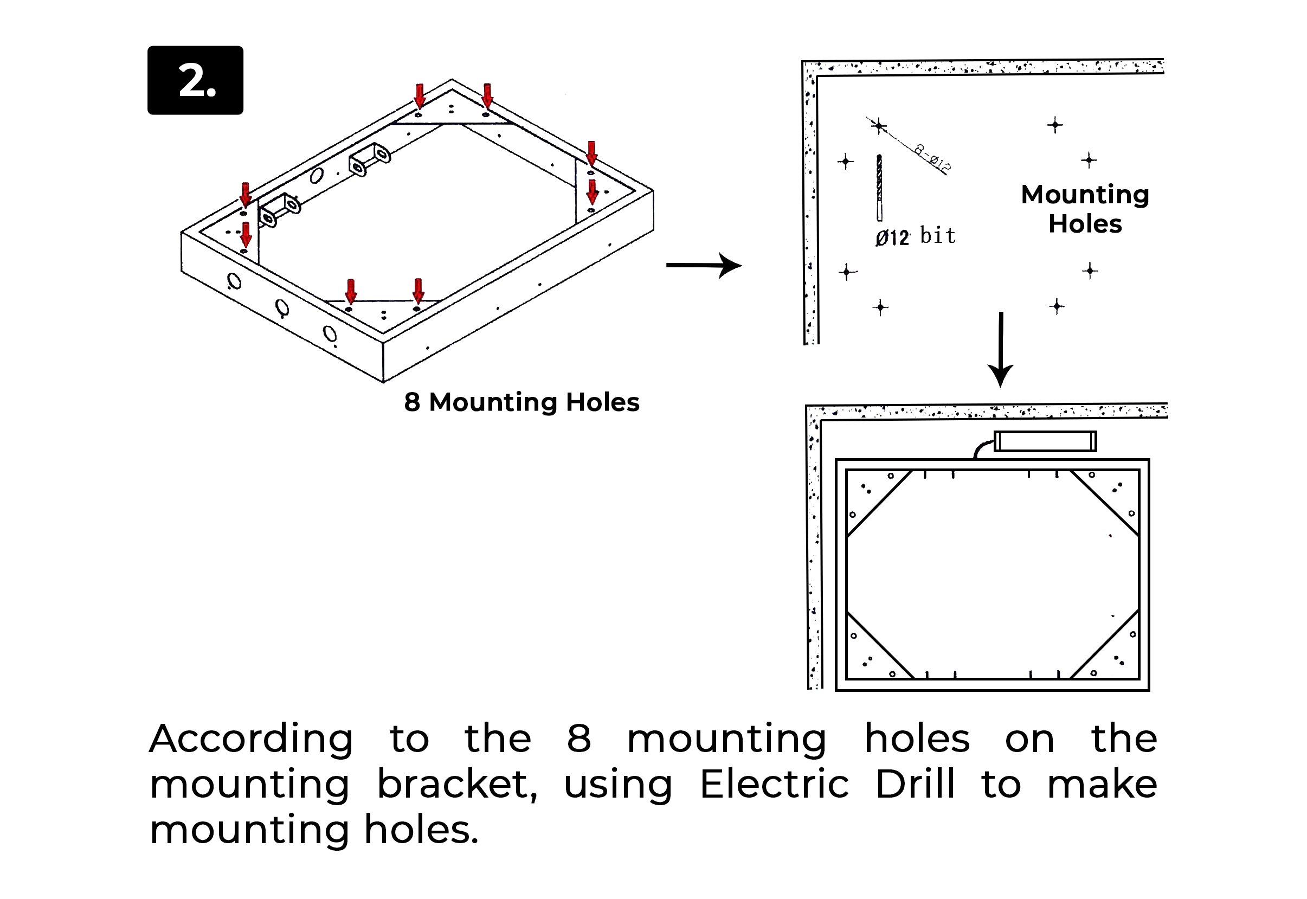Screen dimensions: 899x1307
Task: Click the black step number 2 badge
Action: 195,81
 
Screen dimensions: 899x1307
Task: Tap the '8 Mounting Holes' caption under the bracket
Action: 521,402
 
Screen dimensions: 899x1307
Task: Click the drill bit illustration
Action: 879,188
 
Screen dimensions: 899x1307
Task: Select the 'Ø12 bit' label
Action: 915,236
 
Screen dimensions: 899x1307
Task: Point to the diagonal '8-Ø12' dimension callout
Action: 932,158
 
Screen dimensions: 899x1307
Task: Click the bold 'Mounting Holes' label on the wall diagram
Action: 1085,209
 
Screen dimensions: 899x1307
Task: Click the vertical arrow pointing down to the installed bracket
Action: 1001,349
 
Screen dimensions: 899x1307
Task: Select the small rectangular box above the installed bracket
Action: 1045,441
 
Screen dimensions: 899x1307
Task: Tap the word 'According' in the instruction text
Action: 251,739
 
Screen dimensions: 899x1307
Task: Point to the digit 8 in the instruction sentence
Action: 579,739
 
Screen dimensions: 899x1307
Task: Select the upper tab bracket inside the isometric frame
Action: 370,159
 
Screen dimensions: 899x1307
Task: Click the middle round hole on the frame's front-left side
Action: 282,307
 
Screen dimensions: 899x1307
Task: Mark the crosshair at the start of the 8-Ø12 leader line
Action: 878,126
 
